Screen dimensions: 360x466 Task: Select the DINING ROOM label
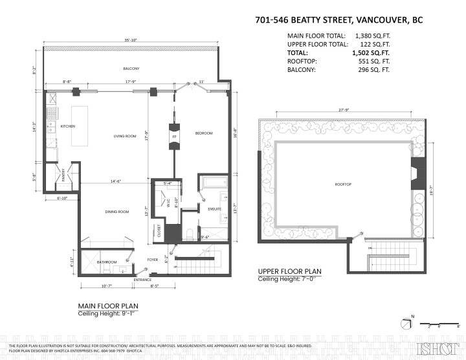pyautogui.click(x=118, y=212)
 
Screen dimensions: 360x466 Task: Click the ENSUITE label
pyautogui.click(x=214, y=209)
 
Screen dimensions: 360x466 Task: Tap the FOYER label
pyautogui.click(x=153, y=260)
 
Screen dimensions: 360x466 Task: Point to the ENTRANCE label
pyautogui.click(x=142, y=280)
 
